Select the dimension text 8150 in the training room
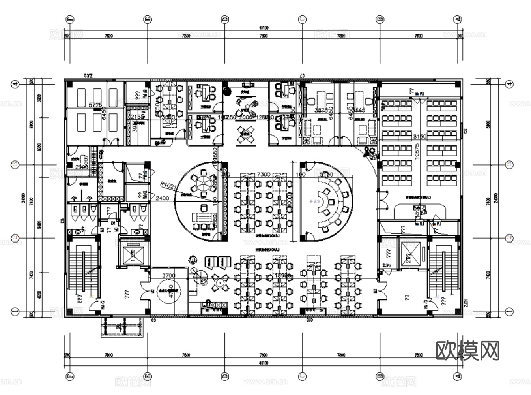(420, 136)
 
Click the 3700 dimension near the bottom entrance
(168, 275)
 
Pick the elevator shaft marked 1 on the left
(135, 252)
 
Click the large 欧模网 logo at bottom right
(467, 350)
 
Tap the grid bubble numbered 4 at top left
(15, 84)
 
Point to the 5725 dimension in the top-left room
(95, 105)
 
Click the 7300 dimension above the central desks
(263, 174)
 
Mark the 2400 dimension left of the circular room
(163, 198)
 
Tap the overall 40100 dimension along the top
(263, 28)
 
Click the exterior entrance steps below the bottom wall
(122, 327)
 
